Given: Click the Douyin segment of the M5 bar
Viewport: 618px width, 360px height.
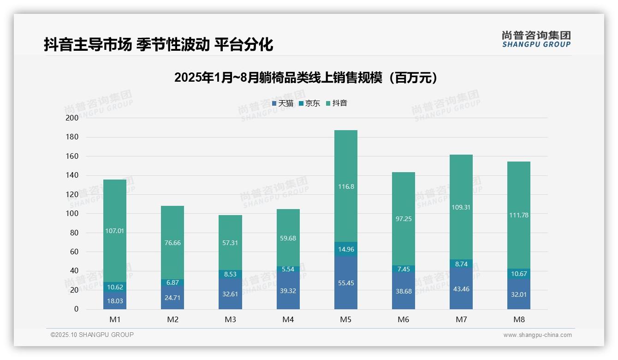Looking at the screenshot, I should [x=345, y=186].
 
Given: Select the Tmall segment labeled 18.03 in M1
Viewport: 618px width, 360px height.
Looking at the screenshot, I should [x=115, y=300].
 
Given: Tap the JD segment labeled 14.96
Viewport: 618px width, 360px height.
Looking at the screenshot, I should [x=345, y=249].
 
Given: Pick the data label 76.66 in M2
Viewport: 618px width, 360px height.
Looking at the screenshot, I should [x=173, y=243].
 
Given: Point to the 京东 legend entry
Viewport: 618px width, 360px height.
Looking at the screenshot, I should [x=309, y=103].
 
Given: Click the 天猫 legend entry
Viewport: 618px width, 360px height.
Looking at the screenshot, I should [x=283, y=103].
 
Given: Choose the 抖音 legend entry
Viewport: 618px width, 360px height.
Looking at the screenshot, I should [x=337, y=103].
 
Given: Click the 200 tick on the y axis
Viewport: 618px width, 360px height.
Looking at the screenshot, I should [x=72, y=118].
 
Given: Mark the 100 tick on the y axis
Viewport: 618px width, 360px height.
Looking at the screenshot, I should [x=72, y=214].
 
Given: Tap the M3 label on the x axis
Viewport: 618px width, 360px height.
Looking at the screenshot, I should [x=230, y=319].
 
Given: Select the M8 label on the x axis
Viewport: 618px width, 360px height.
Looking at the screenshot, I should [x=519, y=319].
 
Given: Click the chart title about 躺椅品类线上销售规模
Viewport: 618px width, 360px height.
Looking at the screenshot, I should [x=305, y=78].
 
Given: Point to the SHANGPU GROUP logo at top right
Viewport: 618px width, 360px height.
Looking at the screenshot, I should [x=536, y=39].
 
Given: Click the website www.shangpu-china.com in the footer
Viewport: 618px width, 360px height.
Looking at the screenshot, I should [x=537, y=335].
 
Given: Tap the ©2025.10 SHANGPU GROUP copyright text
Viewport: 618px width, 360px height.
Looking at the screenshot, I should [x=92, y=335].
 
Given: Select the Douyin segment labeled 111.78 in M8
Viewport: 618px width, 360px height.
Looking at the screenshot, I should [x=519, y=215].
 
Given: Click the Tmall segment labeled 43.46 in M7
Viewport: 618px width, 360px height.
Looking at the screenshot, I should [x=461, y=289].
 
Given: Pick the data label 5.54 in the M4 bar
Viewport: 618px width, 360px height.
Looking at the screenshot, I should [x=288, y=269].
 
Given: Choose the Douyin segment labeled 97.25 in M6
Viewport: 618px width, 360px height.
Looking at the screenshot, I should [x=404, y=219].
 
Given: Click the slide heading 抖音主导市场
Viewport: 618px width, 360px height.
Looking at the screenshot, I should [x=88, y=45].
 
